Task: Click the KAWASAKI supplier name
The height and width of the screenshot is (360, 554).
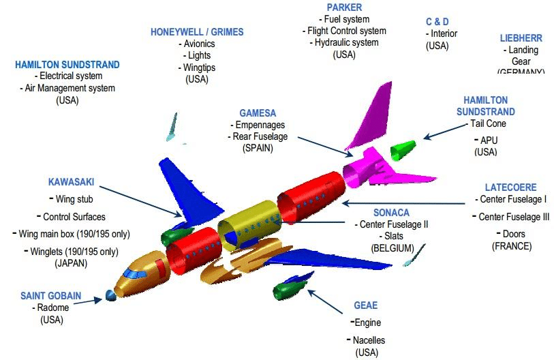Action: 71,182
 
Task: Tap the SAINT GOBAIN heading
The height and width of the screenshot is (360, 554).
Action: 50,296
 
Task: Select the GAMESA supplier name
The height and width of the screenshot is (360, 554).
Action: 258,113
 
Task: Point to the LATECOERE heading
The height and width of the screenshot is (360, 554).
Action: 510,187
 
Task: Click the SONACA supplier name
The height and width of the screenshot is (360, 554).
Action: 391,213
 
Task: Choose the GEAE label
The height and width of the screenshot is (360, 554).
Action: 365,305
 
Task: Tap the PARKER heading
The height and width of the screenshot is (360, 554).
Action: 344,7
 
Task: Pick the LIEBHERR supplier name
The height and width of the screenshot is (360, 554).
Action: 521,38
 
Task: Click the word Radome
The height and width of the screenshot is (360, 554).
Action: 52,307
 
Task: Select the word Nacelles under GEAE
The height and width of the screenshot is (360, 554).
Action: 369,340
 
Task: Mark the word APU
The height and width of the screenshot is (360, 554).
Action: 489,140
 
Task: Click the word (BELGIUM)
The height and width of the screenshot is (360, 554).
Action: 392,247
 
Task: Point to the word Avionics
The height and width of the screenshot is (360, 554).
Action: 199,44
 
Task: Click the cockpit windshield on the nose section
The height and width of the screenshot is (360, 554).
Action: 136,274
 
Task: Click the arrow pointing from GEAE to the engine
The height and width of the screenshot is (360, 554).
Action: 327,300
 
